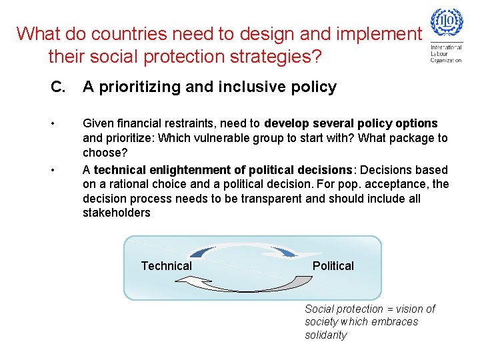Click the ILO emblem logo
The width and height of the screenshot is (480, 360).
pos(447,24)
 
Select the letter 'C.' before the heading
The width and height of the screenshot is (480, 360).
pos(59,87)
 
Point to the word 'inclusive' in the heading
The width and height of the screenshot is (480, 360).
pos(254,87)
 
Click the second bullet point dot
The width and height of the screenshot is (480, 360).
pos(52,170)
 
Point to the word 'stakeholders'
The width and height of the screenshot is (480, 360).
pos(117,213)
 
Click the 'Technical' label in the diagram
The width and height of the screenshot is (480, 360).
pos(166,266)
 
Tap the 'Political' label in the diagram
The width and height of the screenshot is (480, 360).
pos(333,266)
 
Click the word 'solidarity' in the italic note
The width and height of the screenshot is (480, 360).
pos(326,335)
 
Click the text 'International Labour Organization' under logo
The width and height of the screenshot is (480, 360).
pos(446,54)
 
